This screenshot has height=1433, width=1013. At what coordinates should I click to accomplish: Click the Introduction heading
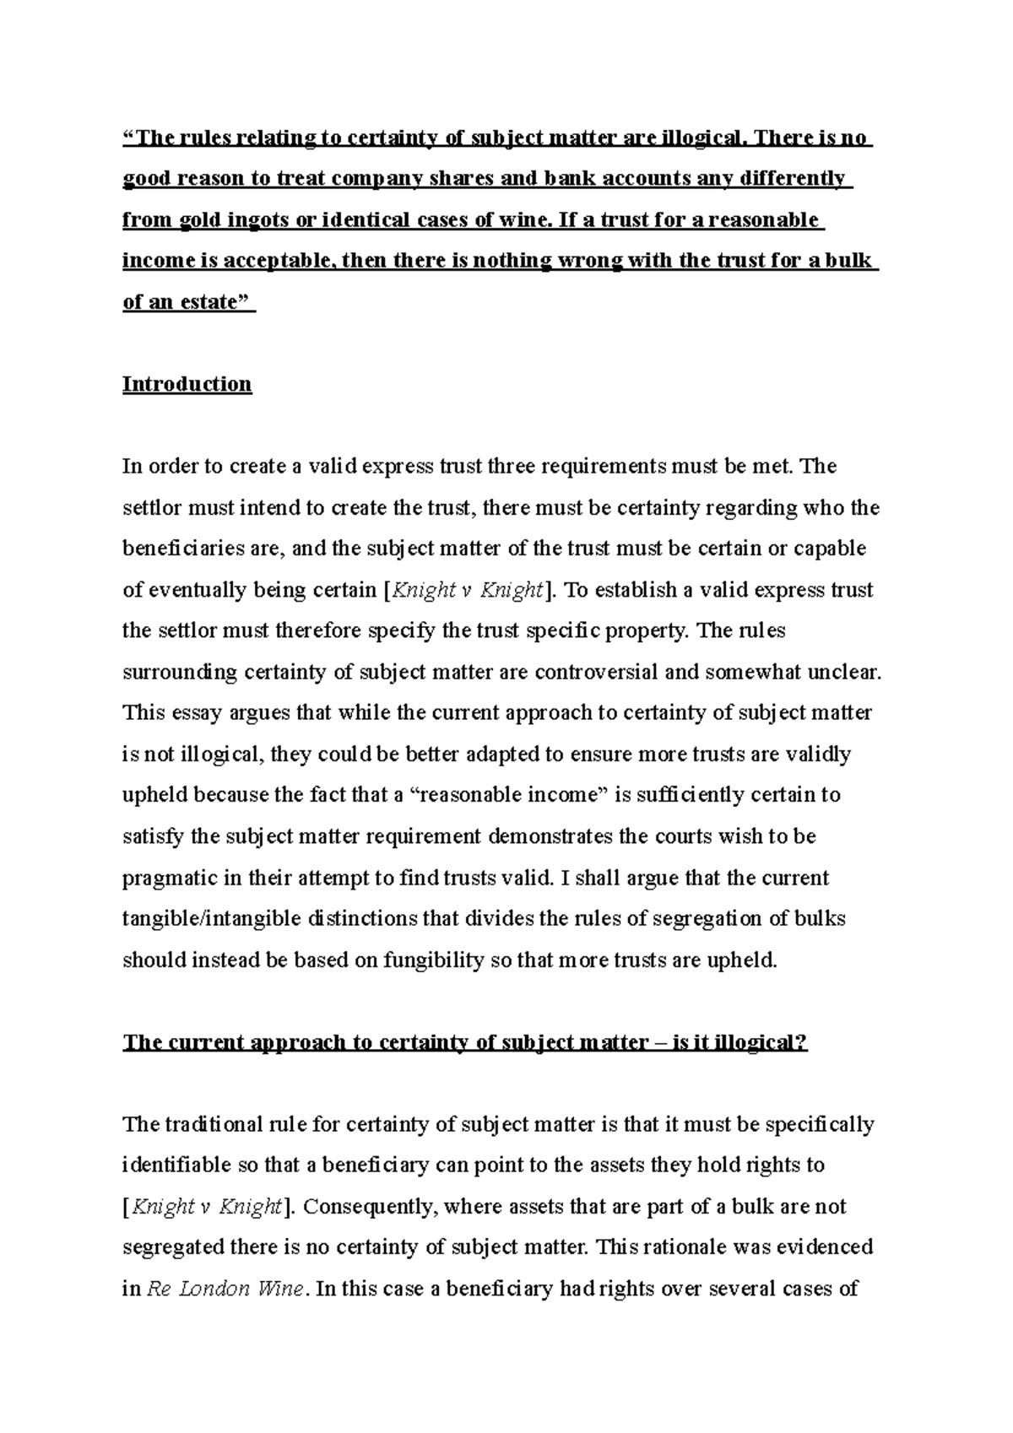pyautogui.click(x=187, y=385)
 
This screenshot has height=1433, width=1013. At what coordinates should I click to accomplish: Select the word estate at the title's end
pyautogui.click(x=214, y=302)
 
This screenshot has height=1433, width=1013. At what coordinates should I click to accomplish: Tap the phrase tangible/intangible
pyautogui.click(x=211, y=919)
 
